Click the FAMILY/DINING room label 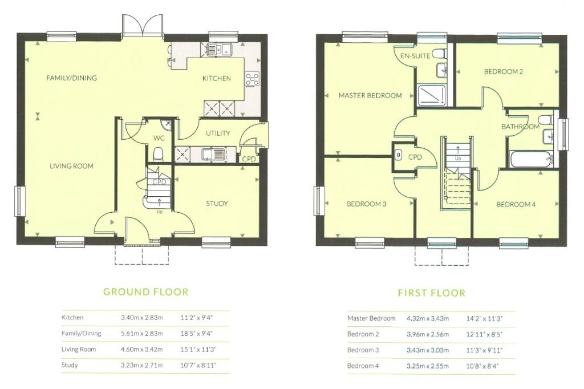point(71,78)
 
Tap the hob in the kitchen point(252,79)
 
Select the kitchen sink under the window point(220,49)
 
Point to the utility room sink point(213,153)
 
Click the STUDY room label point(217,204)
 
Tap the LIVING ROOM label point(71,166)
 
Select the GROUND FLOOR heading point(145,292)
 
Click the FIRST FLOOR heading point(432,293)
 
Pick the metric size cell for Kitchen point(142,318)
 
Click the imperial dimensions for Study point(198,366)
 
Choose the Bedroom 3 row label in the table point(363,350)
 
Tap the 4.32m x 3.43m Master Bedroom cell point(428,319)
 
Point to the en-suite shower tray point(433,95)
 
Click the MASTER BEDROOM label point(370,95)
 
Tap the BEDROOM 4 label point(516,204)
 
